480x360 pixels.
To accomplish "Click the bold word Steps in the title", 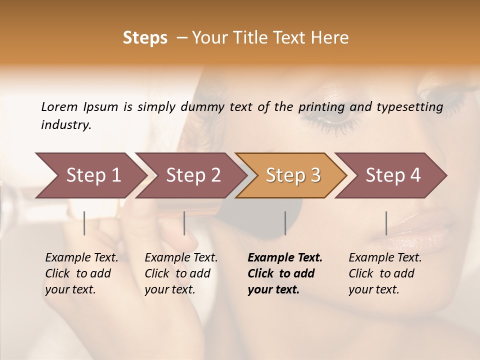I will point(145,38).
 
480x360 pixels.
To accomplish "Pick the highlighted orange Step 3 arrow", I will point(292,175).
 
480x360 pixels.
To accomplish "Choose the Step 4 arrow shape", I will point(392,175).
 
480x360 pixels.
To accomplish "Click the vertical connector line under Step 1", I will point(84,223).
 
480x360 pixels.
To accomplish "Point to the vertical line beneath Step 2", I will point(184,223).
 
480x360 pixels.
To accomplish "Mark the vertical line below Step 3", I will point(285,223).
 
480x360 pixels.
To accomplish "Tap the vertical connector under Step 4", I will point(386,223).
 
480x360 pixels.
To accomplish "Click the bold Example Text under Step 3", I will point(284,273).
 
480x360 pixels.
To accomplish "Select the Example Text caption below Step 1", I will point(81,273).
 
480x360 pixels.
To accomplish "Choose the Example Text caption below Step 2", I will point(181,273).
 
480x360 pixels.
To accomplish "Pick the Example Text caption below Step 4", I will point(385,273).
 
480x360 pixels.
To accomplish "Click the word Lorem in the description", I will point(59,106).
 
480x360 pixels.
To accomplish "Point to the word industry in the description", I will point(65,125).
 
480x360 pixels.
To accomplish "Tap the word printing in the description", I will point(321,107).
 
